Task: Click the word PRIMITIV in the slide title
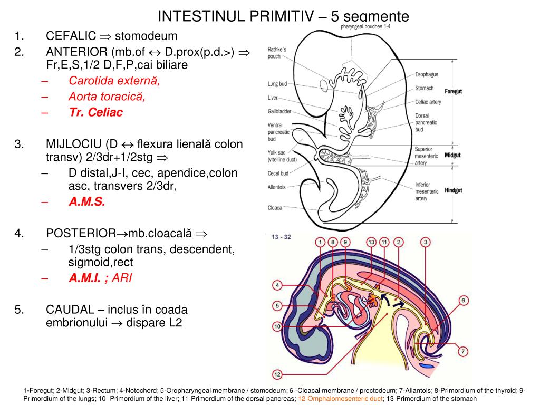click(x=273, y=16)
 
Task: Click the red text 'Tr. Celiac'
click(x=95, y=112)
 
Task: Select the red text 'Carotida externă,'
click(x=114, y=81)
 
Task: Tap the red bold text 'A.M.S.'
click(x=87, y=202)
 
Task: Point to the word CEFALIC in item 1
click(x=71, y=36)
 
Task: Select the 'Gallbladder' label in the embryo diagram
click(x=280, y=111)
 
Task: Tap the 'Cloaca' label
click(x=275, y=207)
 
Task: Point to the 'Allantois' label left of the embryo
click(x=277, y=187)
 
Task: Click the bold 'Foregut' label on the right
click(x=453, y=91)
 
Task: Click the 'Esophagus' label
click(x=427, y=75)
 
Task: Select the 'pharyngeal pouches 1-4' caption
click(x=365, y=26)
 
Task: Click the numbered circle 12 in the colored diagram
click(x=278, y=374)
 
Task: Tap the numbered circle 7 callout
click(x=463, y=351)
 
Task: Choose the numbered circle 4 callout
click(x=278, y=285)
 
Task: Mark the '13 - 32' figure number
click(x=282, y=237)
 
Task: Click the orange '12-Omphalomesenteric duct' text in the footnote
click(x=340, y=399)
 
